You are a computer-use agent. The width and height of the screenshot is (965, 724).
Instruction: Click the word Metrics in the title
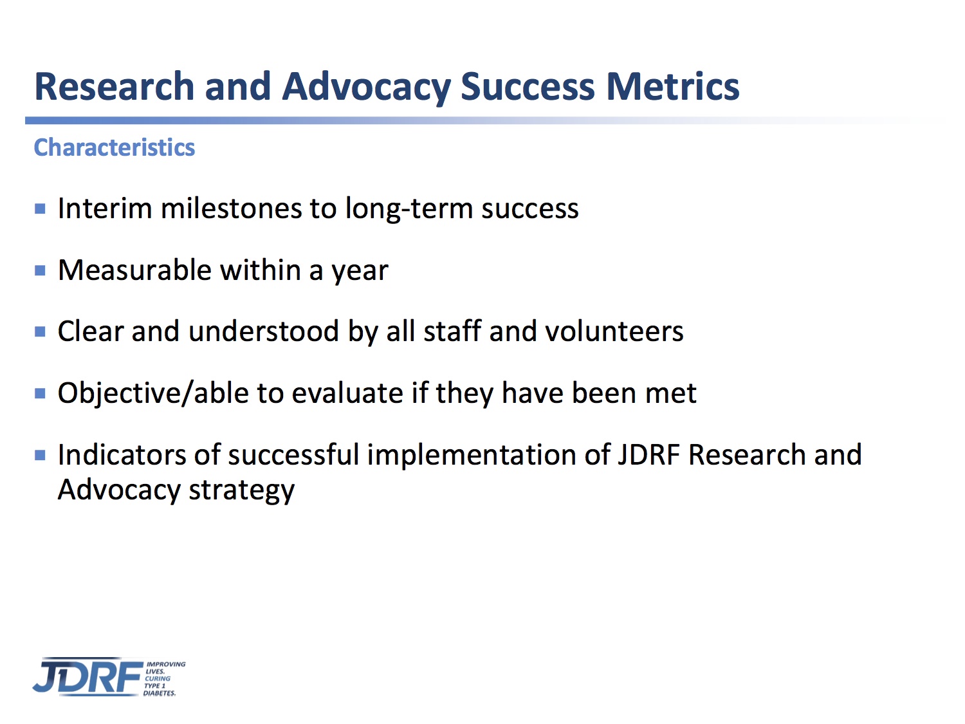pyautogui.click(x=673, y=86)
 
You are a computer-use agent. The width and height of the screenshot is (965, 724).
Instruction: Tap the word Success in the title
pyautogui.click(x=528, y=86)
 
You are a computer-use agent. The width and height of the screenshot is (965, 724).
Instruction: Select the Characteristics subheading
pyautogui.click(x=115, y=147)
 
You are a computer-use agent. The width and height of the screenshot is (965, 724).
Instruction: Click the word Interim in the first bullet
pyautogui.click(x=105, y=208)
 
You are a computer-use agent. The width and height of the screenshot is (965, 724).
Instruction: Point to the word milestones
pyautogui.click(x=231, y=208)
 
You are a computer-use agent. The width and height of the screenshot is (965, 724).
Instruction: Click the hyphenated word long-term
pyautogui.click(x=409, y=209)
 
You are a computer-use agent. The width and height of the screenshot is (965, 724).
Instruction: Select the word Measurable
pyautogui.click(x=134, y=270)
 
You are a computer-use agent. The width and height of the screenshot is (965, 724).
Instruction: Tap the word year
pyautogui.click(x=360, y=272)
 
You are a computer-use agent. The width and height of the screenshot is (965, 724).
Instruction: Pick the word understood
pyautogui.click(x=263, y=331)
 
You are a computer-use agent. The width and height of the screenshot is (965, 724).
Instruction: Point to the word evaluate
pyautogui.click(x=347, y=393)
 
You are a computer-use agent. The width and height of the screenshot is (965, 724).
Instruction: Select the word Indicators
pyautogui.click(x=122, y=454)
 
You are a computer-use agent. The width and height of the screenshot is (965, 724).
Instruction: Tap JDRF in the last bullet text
pyautogui.click(x=649, y=454)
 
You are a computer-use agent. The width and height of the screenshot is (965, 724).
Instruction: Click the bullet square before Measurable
pyautogui.click(x=40, y=270)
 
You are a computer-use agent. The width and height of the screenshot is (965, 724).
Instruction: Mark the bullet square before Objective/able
pyautogui.click(x=40, y=393)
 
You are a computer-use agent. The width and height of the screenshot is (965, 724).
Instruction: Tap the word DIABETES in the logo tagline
pyautogui.click(x=159, y=693)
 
